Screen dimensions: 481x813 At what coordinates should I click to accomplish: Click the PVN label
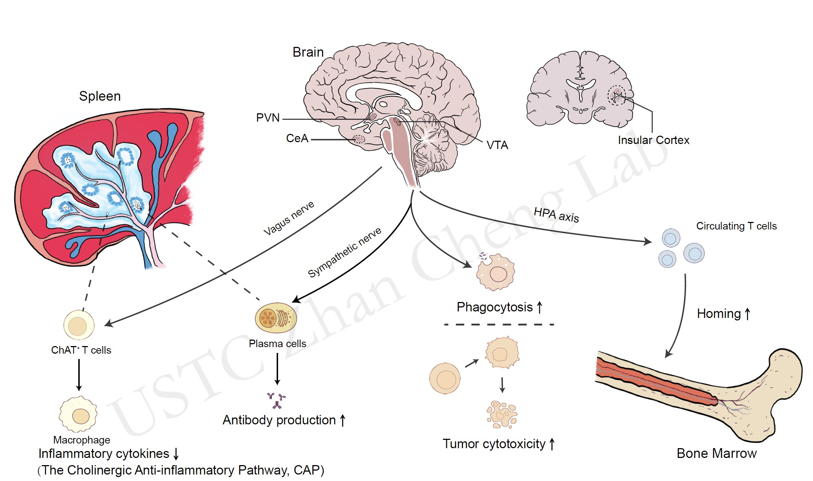(x=268, y=118)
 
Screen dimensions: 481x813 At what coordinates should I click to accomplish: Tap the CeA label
(x=297, y=138)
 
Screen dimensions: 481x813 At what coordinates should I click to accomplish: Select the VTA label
(x=497, y=145)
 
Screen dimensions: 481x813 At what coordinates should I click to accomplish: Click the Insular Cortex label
(x=653, y=140)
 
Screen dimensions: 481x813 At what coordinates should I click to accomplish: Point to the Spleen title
(x=100, y=96)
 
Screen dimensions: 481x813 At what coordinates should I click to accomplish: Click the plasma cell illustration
(x=276, y=318)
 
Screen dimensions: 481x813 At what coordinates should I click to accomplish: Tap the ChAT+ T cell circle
(x=79, y=325)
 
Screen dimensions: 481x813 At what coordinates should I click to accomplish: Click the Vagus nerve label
(x=289, y=218)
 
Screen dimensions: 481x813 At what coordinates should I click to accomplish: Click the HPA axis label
(x=556, y=215)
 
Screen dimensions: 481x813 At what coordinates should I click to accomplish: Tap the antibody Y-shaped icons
(x=277, y=400)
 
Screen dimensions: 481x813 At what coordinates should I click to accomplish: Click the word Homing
(x=718, y=314)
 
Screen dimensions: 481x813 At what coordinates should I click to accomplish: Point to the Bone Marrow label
(x=716, y=453)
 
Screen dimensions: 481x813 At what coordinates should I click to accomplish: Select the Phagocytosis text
(x=495, y=307)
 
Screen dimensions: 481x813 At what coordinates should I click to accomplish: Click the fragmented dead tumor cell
(x=502, y=415)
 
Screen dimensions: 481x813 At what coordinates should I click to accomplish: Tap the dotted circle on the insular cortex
(x=616, y=95)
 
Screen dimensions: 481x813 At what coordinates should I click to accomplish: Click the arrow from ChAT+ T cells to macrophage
(x=79, y=375)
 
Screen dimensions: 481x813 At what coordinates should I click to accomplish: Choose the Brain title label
(x=308, y=52)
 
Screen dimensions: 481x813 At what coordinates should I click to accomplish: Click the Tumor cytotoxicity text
(x=494, y=444)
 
